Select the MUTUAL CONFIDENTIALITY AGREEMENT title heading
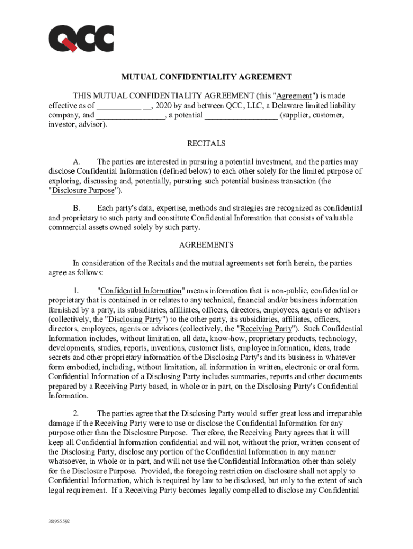(x=206, y=77)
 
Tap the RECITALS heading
(x=206, y=144)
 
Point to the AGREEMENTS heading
(x=206, y=245)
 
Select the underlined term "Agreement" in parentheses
(x=294, y=96)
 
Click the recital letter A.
(x=77, y=162)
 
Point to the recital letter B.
(x=77, y=208)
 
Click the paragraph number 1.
(x=76, y=291)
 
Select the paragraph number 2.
(x=76, y=413)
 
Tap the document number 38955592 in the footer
(x=59, y=521)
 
